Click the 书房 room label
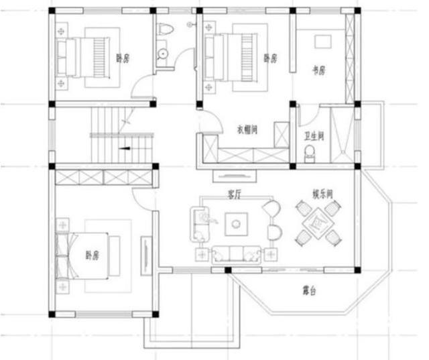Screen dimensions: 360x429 [318, 70]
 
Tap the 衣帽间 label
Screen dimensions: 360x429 [247, 127]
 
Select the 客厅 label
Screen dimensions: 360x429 [234, 195]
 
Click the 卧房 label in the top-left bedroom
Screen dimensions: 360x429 [122, 58]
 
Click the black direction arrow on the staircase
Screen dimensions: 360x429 [124, 146]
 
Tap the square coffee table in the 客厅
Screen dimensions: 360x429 [235, 223]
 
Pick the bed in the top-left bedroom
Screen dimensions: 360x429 [84, 57]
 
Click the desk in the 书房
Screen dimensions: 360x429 [320, 40]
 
